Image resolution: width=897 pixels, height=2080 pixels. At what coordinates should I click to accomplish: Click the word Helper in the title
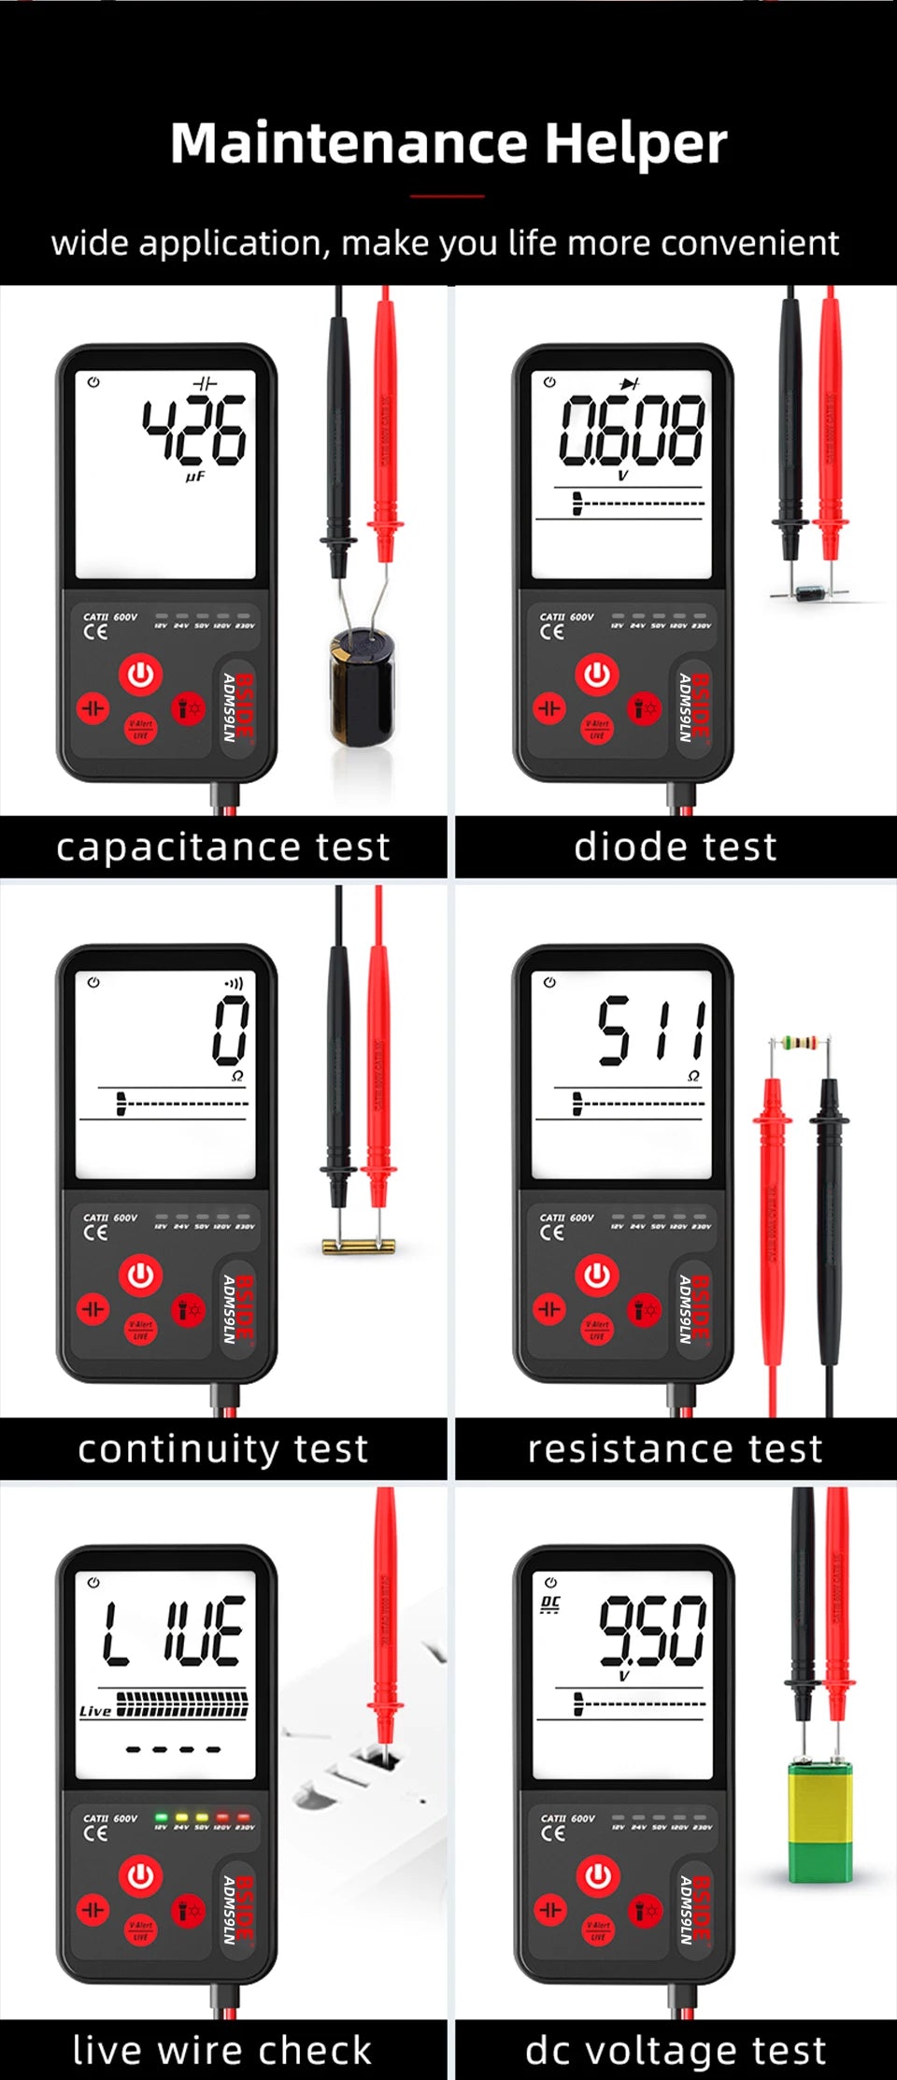pyautogui.click(x=635, y=145)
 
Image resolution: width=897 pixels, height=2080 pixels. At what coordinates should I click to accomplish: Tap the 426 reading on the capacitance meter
pyautogui.click(x=195, y=431)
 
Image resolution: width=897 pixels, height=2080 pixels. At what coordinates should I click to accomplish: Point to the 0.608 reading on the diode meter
pyautogui.click(x=632, y=431)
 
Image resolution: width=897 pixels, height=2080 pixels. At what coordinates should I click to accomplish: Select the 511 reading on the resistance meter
pyautogui.click(x=652, y=1030)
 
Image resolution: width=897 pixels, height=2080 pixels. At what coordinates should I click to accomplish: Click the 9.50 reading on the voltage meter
pyautogui.click(x=652, y=1631)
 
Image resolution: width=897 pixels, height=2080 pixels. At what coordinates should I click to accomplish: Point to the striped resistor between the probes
pyautogui.click(x=800, y=1042)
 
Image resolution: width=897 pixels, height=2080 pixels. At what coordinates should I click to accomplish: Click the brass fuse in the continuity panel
pyautogui.click(x=358, y=1245)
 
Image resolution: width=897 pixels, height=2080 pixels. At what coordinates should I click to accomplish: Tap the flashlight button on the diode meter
pyautogui.click(x=645, y=707)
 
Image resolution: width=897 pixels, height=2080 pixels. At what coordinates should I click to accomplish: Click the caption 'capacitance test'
pyautogui.click(x=222, y=847)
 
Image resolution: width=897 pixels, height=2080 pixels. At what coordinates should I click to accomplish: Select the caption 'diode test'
pyautogui.click(x=675, y=847)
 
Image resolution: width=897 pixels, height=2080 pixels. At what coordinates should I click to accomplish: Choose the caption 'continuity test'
pyautogui.click(x=222, y=1448)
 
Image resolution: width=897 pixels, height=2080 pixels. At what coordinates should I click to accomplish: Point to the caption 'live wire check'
pyautogui.click(x=222, y=2050)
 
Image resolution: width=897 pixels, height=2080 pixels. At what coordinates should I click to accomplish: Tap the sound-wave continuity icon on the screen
pyautogui.click(x=234, y=984)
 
